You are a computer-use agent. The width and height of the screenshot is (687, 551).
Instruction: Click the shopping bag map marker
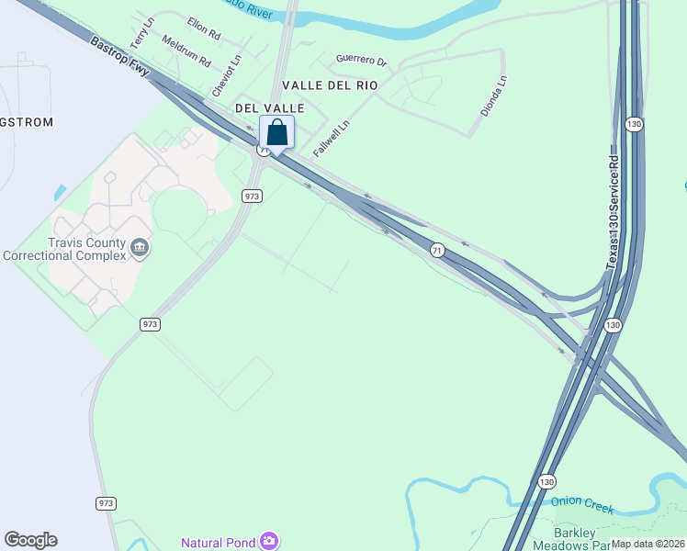coord(277,132)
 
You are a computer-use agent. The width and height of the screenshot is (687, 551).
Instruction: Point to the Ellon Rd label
coord(204,28)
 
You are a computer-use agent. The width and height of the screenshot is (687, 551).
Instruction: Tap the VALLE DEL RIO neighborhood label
coord(330,84)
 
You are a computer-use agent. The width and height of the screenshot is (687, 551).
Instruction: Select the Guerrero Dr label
coord(362,60)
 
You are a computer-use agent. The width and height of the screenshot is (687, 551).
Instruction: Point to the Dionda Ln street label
coord(493,96)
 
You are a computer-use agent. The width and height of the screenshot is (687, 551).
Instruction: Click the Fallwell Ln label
coord(332,138)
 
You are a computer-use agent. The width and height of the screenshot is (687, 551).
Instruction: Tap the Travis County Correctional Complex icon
coord(140,246)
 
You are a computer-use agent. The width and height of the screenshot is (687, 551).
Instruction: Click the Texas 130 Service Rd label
coord(613,210)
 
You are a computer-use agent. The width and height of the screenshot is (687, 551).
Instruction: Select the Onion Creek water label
coord(582,504)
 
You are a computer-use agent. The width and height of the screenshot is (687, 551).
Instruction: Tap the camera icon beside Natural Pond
coord(268,541)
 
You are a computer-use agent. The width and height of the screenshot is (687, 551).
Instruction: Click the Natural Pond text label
coord(219,542)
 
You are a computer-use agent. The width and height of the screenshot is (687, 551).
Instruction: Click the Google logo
coord(30,540)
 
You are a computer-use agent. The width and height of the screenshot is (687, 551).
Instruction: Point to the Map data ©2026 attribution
coord(648,544)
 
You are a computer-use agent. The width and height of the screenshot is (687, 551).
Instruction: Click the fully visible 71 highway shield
coord(437,249)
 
